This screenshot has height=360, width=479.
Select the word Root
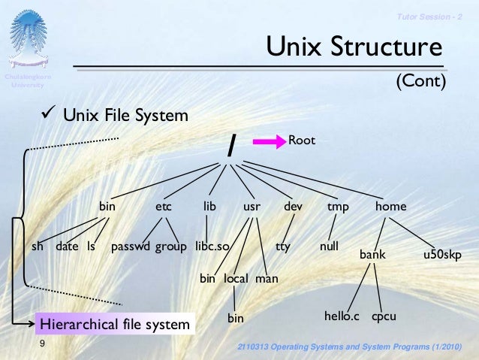tap(302, 140)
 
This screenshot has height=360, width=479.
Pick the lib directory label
tap(209, 206)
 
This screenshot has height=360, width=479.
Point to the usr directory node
tap(252, 206)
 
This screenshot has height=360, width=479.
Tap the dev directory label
tap(293, 206)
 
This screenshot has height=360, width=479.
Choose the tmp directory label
tap(338, 206)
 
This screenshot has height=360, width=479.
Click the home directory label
tap(390, 206)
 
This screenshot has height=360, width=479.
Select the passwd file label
tap(131, 246)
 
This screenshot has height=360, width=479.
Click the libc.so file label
tap(212, 246)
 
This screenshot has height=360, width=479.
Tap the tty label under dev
tap(282, 246)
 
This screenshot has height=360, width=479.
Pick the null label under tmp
tap(328, 246)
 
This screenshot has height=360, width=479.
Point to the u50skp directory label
tap(441, 255)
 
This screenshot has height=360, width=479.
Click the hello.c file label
tap(342, 317)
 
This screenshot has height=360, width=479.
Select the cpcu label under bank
tap(384, 317)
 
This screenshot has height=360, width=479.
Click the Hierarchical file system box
tap(114, 324)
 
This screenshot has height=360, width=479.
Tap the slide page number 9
tap(43, 343)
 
